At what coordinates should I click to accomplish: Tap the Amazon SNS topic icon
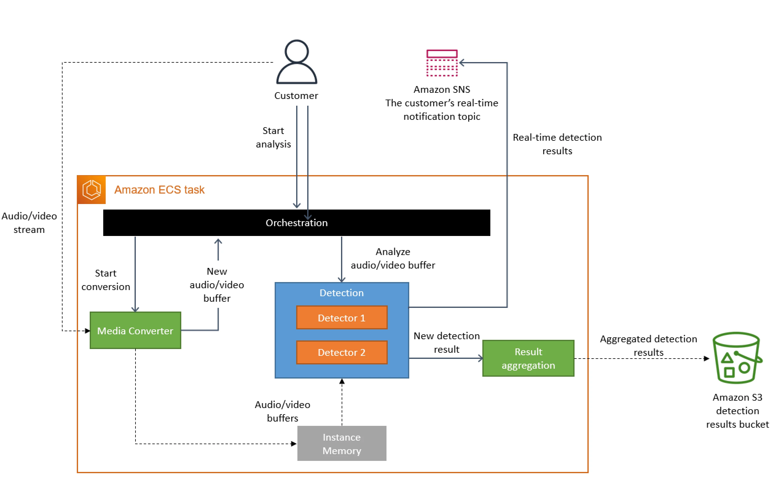tap(442, 63)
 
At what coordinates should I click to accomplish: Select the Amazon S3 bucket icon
tap(736, 358)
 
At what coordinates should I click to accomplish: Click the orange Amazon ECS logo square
tap(91, 190)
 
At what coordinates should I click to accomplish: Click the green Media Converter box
tap(135, 330)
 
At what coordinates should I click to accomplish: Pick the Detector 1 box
tap(341, 317)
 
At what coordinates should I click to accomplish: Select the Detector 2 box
tap(341, 352)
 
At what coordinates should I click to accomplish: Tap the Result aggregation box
tap(528, 358)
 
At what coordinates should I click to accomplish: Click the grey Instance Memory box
tap(341, 443)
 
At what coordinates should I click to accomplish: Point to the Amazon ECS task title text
tap(159, 190)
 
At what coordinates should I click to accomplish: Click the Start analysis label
tap(273, 137)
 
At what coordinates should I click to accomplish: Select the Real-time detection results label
tap(557, 144)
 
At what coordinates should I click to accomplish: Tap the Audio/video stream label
tap(29, 223)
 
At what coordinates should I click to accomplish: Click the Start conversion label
tap(106, 280)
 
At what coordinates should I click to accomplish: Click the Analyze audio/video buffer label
tap(393, 258)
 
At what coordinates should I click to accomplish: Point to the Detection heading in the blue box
tap(341, 293)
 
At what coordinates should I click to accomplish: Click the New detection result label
tap(446, 342)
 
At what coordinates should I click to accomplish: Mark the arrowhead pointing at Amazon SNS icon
tap(461, 63)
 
